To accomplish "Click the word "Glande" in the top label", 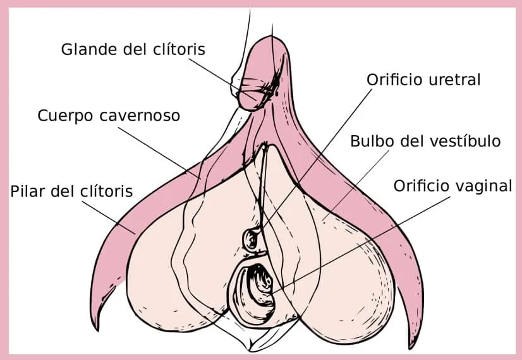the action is click(x=90, y=49).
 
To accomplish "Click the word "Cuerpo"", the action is click(x=66, y=116).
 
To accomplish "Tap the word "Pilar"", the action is click(x=28, y=191).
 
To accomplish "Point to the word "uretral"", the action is click(x=454, y=80).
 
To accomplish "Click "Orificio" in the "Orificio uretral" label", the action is click(x=395, y=80).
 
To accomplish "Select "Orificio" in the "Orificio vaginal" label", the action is click(x=422, y=186).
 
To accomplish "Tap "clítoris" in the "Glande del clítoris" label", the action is click(x=179, y=49).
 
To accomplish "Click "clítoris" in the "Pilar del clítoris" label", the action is click(x=107, y=191).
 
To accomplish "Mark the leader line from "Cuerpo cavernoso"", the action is click(x=159, y=153).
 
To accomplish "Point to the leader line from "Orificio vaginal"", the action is click(x=361, y=245).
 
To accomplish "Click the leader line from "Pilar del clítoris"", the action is click(x=109, y=217).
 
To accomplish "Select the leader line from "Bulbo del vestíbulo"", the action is click(x=356, y=185).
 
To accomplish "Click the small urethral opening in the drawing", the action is click(x=251, y=239).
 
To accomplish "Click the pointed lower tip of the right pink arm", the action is click(x=411, y=349).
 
